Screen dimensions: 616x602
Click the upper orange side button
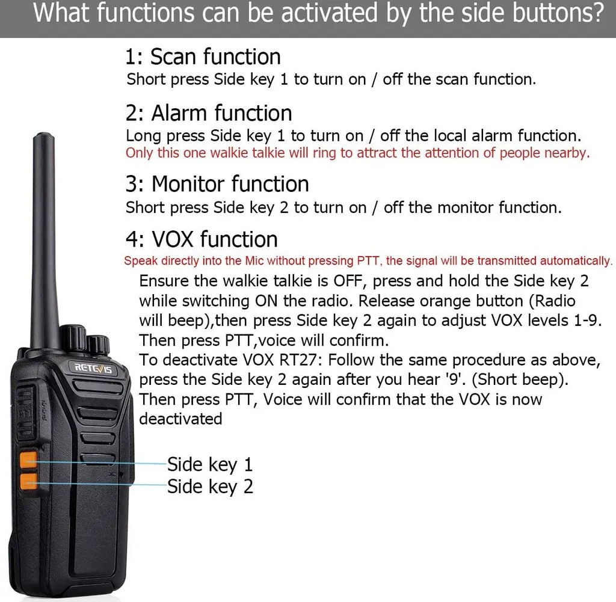(x=29, y=460)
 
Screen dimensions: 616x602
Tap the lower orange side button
(x=29, y=482)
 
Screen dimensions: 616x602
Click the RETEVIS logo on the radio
(x=93, y=368)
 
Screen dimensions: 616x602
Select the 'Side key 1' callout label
(x=210, y=464)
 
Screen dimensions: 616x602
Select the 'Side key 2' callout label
(x=210, y=487)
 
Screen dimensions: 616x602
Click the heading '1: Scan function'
(x=203, y=57)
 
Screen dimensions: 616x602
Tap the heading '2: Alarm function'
(x=209, y=113)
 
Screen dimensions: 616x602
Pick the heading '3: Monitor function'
(x=217, y=184)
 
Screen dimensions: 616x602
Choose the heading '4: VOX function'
(x=202, y=239)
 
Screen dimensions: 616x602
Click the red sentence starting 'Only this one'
(x=357, y=153)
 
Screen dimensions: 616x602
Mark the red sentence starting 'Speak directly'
(x=368, y=261)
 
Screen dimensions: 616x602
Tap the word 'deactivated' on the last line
(x=180, y=419)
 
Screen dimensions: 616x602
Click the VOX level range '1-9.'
(x=588, y=321)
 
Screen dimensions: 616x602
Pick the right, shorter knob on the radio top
(x=98, y=345)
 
